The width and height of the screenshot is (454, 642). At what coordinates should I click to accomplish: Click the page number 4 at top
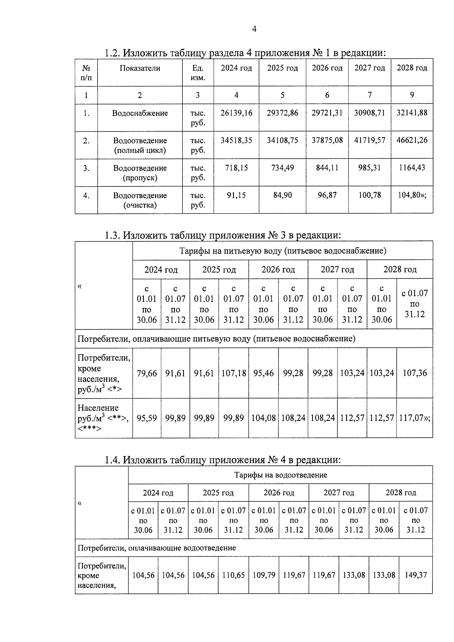[254, 29]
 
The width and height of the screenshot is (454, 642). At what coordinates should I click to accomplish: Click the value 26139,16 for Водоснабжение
[236, 113]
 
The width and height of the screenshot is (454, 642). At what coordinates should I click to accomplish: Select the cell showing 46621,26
[412, 140]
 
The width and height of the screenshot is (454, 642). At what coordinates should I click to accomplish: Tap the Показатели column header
[140, 68]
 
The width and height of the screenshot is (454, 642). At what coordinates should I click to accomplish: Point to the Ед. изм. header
[198, 73]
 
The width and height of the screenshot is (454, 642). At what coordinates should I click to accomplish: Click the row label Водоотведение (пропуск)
[140, 173]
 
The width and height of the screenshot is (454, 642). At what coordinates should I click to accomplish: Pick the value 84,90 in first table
[282, 195]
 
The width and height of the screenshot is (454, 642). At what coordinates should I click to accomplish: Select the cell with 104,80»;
[412, 195]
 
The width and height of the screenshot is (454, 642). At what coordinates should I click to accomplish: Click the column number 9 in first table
[412, 95]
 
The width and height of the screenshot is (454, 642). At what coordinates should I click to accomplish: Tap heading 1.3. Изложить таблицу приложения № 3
[223, 235]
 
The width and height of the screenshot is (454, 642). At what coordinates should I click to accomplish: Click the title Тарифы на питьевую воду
[283, 251]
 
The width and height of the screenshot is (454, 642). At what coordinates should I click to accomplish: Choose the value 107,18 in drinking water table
[233, 373]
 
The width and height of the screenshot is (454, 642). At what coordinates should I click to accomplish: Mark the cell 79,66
[147, 373]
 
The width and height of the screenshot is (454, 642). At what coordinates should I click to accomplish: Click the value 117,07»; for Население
[415, 418]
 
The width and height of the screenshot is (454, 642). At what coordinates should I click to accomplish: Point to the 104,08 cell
[263, 418]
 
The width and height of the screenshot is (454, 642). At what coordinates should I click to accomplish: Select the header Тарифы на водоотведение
[280, 475]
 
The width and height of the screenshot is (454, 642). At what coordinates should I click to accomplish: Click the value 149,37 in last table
[415, 575]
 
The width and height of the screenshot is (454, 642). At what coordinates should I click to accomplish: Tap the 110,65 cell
[233, 575]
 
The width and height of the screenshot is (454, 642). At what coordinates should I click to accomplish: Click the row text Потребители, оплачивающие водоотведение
[157, 548]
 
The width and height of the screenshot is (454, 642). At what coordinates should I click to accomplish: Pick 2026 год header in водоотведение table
[278, 493]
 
